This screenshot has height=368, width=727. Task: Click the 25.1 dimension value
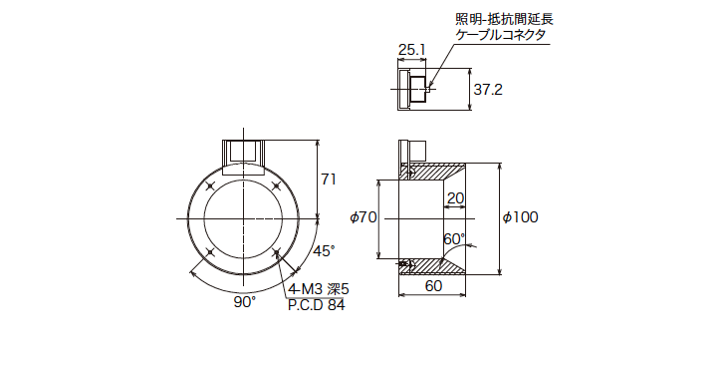(411, 49)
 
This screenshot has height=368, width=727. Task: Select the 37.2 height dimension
(488, 90)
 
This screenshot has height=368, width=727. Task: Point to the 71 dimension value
(329, 180)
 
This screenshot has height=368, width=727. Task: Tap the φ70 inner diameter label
(363, 217)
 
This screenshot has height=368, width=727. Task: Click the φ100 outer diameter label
(521, 217)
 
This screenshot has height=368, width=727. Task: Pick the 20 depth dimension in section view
(455, 198)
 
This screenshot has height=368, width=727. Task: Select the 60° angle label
(454, 239)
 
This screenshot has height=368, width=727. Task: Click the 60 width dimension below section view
(433, 285)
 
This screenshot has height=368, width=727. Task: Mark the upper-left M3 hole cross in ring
(209, 185)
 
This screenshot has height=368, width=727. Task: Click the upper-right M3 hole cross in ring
(276, 185)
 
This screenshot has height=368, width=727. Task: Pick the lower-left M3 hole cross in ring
(209, 251)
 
